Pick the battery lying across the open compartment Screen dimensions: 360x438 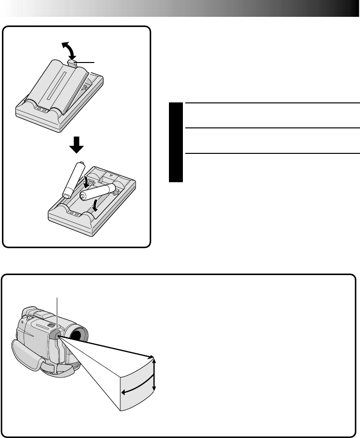pyautogui.click(x=97, y=192)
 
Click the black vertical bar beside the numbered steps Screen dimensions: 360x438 pyautogui.click(x=176, y=142)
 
